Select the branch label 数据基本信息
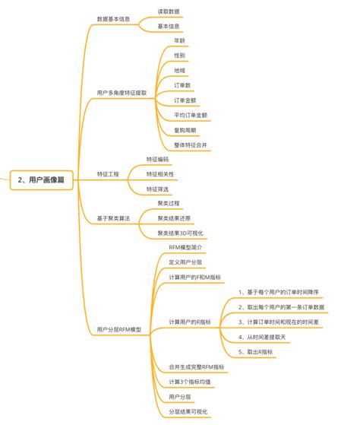pos(114,18)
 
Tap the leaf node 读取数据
pos(169,11)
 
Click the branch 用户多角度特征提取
pos(121,92)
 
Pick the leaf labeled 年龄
pos(179,40)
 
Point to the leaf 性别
pos(179,55)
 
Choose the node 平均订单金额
pos(191,115)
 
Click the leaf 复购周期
pos(185,130)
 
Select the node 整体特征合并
pos(191,144)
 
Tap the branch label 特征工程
pos(108,174)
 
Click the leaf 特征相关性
pos(160,174)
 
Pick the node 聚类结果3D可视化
pos(185,233)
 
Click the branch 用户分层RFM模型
pos(119,329)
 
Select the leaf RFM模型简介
pos(185,248)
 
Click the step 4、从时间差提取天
pos(270,337)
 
